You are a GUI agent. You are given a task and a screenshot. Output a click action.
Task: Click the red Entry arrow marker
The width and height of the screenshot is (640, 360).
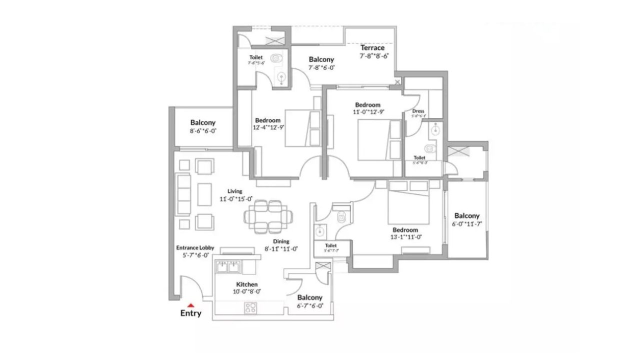pos(190,304)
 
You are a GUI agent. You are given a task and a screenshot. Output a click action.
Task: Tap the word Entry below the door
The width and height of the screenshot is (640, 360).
pos(190,313)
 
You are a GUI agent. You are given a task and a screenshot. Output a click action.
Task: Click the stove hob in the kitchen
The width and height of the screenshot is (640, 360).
pos(250,308)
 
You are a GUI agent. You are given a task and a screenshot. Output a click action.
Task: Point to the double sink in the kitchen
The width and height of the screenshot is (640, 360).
pos(228,267)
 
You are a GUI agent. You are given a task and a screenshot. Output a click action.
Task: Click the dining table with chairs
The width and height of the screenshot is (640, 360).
pos(269,216)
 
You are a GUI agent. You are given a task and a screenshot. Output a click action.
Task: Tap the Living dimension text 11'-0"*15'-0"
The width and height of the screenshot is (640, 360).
pos(235,198)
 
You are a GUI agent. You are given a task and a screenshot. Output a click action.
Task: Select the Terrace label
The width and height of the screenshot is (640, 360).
pos(372,48)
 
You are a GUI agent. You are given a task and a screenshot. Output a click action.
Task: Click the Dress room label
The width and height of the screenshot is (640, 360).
pos(418,111)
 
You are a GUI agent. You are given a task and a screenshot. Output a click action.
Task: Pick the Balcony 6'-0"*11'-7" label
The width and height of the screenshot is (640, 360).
pos(466,216)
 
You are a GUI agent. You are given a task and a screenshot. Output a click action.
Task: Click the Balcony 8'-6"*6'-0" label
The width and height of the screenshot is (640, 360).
pos(202,122)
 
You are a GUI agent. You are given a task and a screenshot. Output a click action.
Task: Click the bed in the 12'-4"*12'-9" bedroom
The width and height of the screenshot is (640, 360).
pos(299,128)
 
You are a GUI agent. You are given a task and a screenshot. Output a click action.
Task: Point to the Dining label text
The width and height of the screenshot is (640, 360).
pos(281,241)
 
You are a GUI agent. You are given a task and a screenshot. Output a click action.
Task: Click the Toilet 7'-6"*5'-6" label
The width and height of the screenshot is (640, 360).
pos(255,58)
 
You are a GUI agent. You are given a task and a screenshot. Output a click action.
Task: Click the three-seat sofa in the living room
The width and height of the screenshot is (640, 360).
pos(184,195)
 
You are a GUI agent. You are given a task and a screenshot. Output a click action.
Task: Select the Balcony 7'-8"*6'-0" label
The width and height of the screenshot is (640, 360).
pos(321,59)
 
